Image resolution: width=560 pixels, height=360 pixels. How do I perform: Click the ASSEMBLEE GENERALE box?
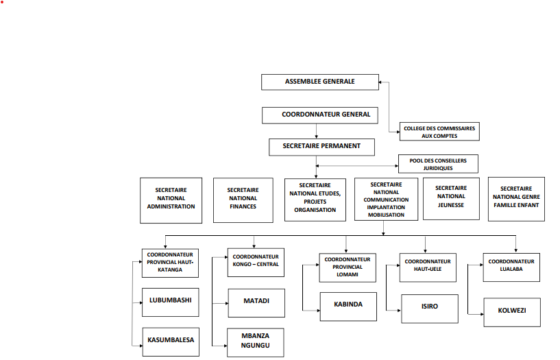[319, 82]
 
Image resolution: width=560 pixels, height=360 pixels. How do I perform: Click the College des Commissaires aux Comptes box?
[439, 132]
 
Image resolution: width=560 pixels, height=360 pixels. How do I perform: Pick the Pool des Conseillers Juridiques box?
[438, 164]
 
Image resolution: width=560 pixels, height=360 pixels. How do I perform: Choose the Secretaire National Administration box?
[171, 200]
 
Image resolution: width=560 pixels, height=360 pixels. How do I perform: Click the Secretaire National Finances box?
[243, 200]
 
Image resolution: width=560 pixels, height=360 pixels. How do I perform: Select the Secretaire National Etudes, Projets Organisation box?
[315, 200]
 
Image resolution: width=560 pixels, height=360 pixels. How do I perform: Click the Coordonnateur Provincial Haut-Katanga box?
[171, 262]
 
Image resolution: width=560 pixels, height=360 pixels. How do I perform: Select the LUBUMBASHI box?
[171, 301]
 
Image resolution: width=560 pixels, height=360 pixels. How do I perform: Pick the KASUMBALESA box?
[171, 341]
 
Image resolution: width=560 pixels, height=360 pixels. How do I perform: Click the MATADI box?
[256, 302]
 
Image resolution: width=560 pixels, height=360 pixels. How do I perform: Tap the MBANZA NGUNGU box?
[256, 342]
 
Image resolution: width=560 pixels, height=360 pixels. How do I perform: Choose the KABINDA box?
[348, 305]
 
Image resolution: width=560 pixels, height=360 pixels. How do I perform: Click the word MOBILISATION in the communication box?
[386, 215]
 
